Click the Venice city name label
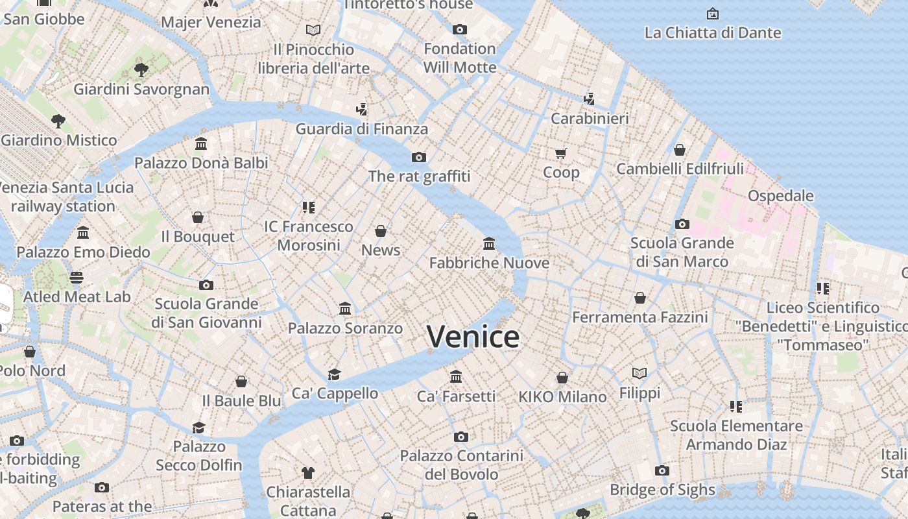473,337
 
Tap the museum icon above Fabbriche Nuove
489,244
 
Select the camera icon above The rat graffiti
419,157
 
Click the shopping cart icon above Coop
561,154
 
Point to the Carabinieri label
590,119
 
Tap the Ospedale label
780,196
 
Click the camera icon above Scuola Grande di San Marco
682,224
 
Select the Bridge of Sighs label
662,490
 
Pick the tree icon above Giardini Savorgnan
141,70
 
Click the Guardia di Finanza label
362,129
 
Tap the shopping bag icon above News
381,231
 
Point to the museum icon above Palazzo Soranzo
345,309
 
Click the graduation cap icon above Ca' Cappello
334,374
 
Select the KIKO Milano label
562,396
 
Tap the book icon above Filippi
639,374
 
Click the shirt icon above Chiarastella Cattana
308,473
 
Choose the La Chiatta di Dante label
712,32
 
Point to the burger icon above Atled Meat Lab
77,278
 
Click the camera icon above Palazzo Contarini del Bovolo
461,437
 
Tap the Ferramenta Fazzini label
639,317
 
